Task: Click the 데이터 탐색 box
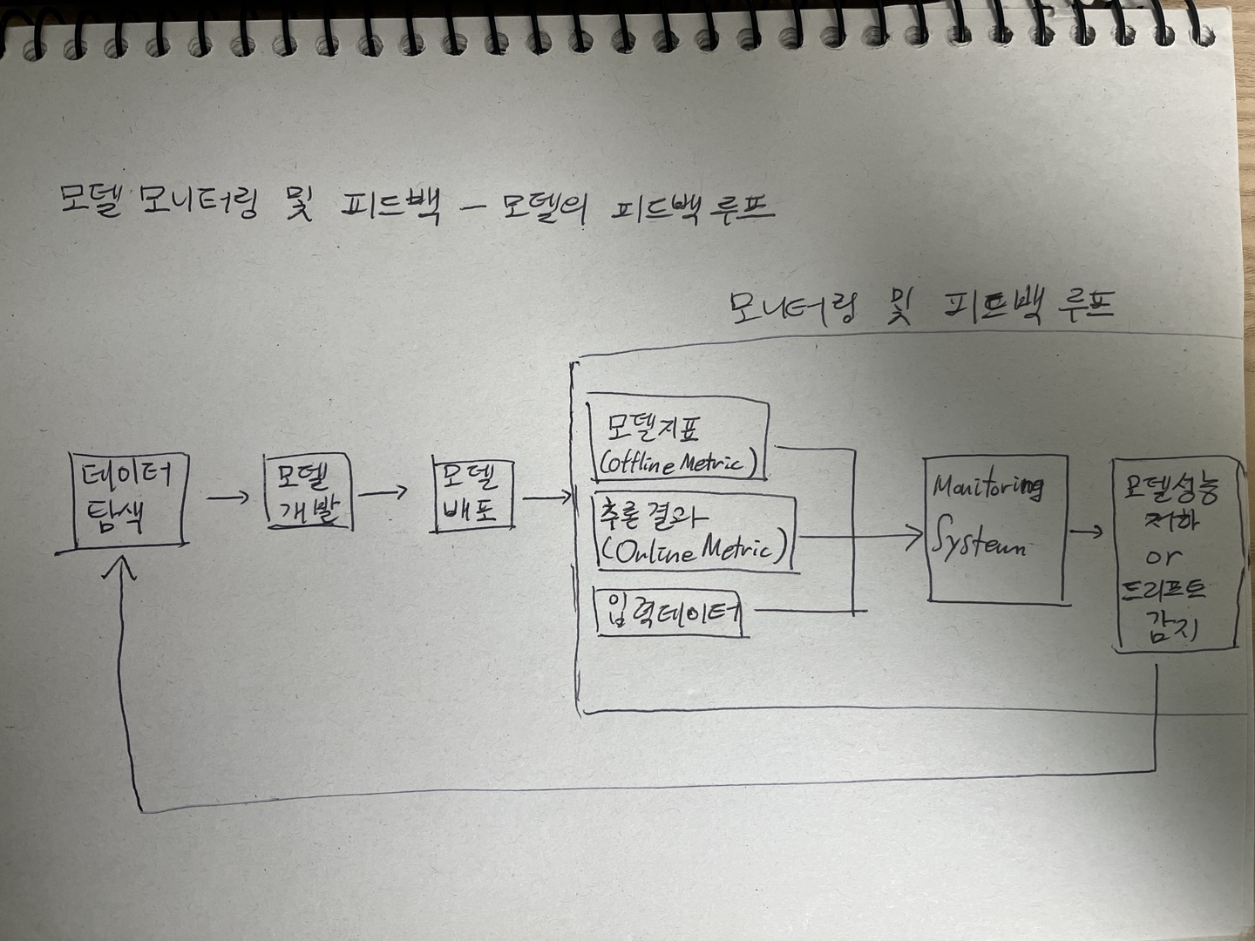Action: (x=129, y=500)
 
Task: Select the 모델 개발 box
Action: (x=307, y=493)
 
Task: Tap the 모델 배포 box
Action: (x=471, y=495)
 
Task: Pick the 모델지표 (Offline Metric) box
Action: (x=678, y=441)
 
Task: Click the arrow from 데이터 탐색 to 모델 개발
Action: (x=227, y=498)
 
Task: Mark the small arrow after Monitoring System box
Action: (x=1086, y=531)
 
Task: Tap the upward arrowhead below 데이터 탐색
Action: (x=124, y=568)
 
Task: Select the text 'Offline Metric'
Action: (x=676, y=462)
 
